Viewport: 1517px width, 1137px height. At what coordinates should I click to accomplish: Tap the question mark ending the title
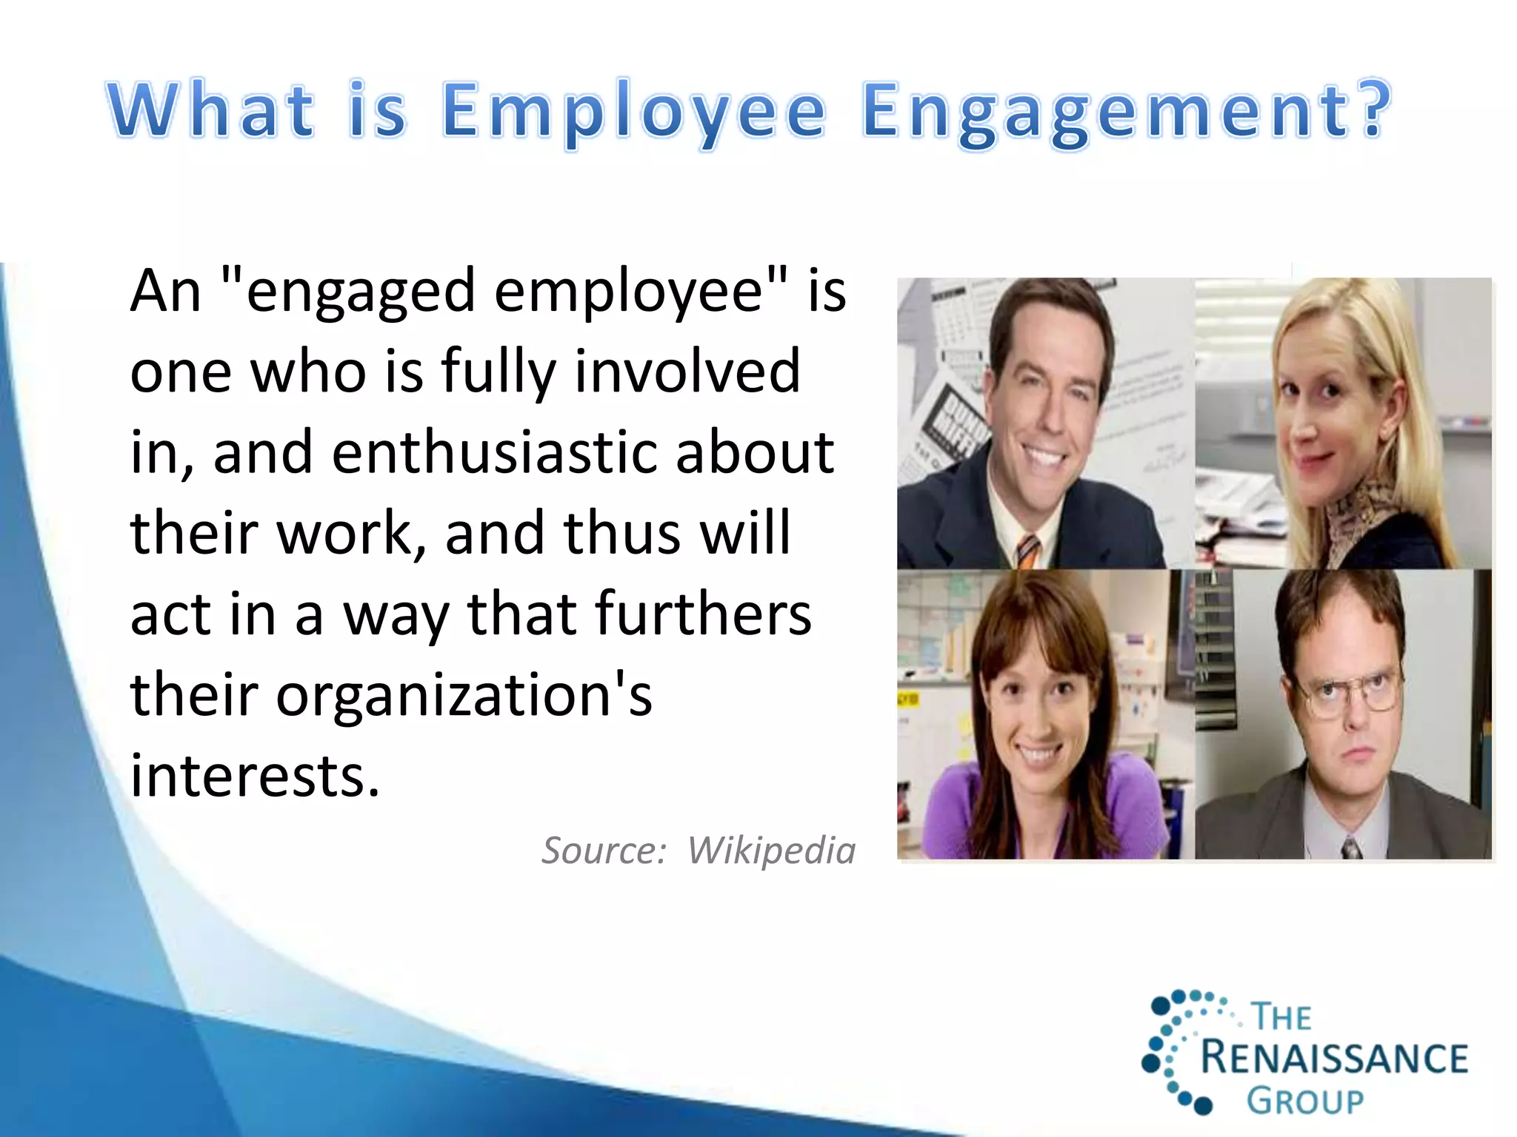1375,110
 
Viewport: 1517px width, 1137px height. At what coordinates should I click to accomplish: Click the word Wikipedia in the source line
771,850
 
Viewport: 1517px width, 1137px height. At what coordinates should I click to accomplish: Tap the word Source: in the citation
604,850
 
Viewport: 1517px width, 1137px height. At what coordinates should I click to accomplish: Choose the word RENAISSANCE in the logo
1334,1058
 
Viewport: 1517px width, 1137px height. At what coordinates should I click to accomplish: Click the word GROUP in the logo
1304,1101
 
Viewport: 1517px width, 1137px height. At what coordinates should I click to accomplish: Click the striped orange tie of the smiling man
1027,551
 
